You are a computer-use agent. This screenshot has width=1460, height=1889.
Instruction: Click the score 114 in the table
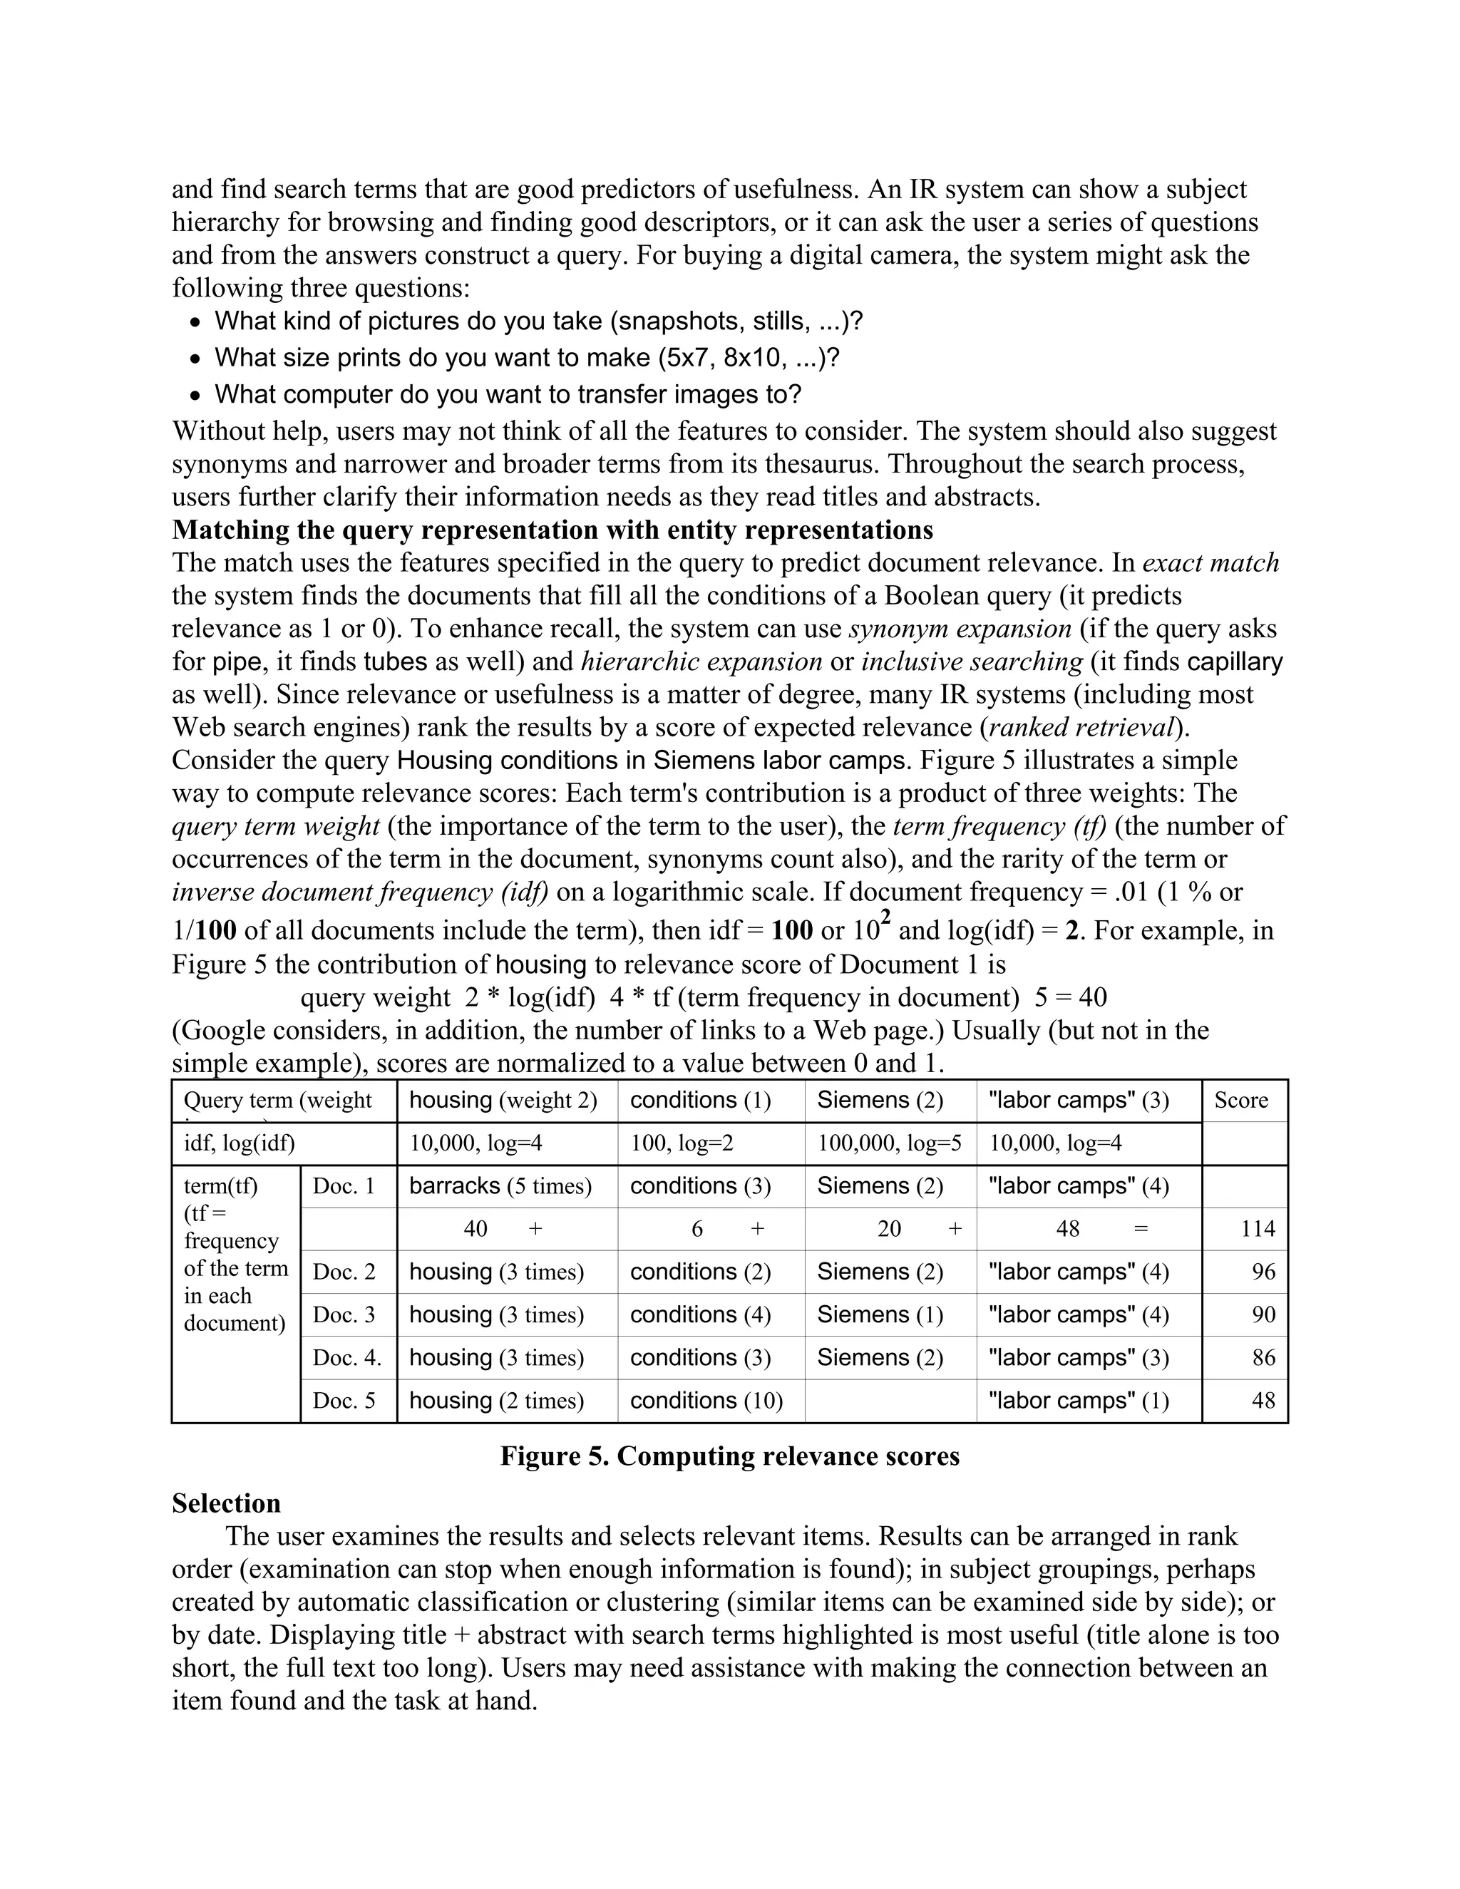coord(1258,1229)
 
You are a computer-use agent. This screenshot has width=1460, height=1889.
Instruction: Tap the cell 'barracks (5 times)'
coord(500,1186)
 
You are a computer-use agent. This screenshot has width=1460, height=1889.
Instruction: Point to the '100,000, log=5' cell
coord(888,1143)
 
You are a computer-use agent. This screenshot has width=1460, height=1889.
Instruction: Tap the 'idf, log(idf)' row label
coord(239,1143)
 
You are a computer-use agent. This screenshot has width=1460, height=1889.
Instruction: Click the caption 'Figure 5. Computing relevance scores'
coord(729,1456)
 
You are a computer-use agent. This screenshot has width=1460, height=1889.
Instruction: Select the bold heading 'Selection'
coord(226,1503)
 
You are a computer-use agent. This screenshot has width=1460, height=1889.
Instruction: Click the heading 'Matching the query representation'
coord(552,530)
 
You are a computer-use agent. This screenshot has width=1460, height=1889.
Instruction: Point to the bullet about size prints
coord(526,358)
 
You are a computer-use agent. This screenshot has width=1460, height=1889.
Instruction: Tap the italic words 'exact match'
coord(1210,563)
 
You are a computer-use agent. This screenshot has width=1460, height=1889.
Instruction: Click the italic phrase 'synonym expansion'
coord(960,629)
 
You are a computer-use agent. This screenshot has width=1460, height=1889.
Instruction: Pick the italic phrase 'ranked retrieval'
coord(1082,727)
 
